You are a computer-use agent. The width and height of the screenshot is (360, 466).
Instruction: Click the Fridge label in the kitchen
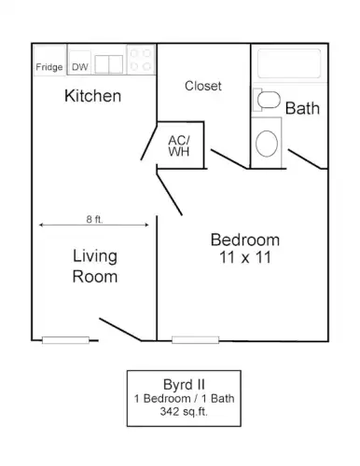[x=49, y=67]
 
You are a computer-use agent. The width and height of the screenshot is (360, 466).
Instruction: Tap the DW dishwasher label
[x=80, y=67]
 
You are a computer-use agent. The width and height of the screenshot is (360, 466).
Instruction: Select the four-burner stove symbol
[x=141, y=60]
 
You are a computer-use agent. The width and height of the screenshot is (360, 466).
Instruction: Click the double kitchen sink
[x=109, y=64]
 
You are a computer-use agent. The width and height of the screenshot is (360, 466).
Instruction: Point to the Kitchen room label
[x=92, y=96]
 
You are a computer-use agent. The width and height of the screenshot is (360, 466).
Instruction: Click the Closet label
[x=203, y=86]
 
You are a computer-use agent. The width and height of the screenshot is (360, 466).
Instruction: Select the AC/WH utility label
[x=179, y=145]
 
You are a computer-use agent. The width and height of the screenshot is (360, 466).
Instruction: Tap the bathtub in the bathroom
[x=289, y=63]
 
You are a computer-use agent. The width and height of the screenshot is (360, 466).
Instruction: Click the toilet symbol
[x=267, y=100]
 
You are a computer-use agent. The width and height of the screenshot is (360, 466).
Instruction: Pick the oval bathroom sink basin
[x=267, y=144]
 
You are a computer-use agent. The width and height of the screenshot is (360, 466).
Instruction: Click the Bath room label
[x=302, y=108]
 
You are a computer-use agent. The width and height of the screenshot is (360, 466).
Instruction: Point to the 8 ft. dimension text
[x=94, y=219]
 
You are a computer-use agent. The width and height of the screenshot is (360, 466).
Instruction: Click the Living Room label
[x=95, y=267]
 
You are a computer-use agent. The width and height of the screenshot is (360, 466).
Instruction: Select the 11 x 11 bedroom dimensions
[x=245, y=257]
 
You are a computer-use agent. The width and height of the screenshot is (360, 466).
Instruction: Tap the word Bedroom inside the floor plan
[x=245, y=240]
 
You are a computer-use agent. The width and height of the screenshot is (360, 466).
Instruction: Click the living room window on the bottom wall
[x=65, y=340]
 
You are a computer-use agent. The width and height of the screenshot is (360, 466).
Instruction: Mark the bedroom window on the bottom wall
[x=195, y=340]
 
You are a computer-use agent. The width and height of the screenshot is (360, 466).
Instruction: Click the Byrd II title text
[x=184, y=385]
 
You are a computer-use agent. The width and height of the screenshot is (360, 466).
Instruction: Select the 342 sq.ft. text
[x=184, y=412]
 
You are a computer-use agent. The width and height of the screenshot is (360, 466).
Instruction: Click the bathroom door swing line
[x=305, y=159]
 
